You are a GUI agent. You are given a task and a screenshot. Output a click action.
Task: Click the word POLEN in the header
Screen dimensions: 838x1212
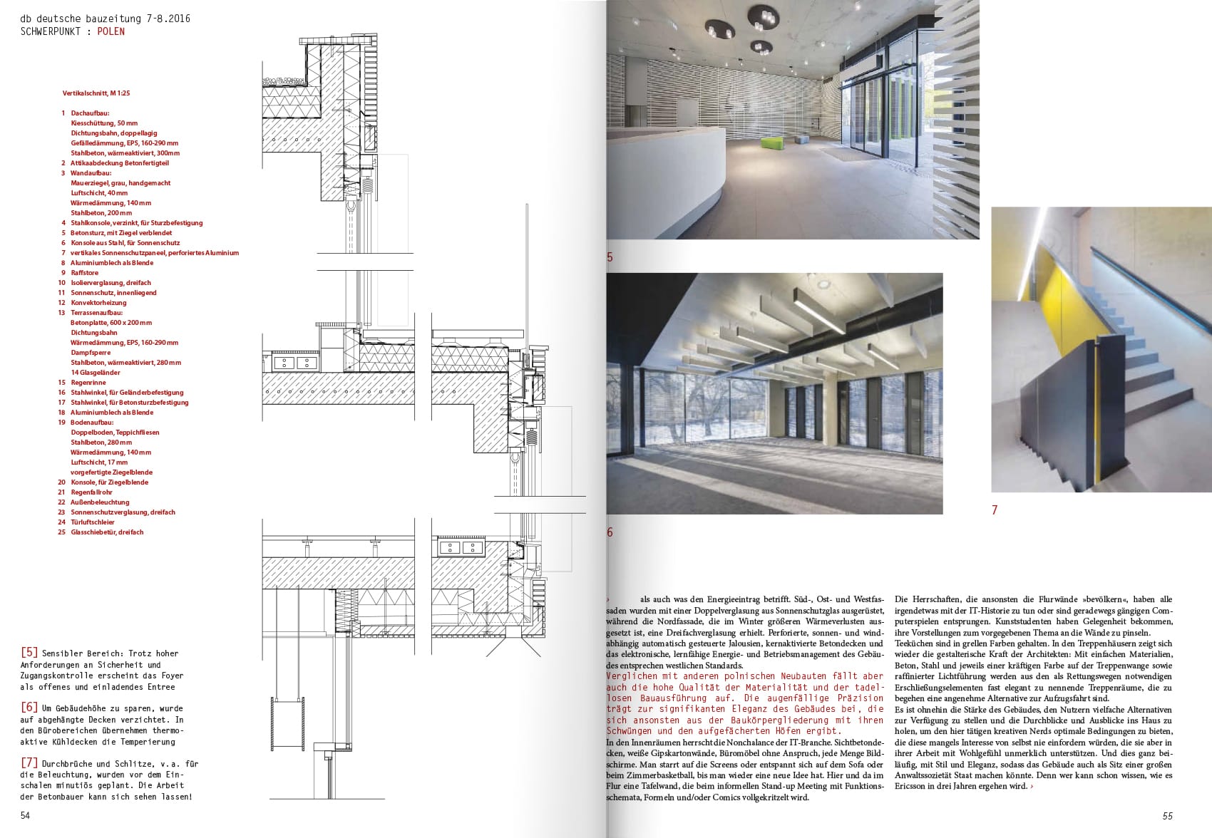coord(111,31)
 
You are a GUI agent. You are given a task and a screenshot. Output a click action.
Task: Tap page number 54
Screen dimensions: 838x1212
coord(25,816)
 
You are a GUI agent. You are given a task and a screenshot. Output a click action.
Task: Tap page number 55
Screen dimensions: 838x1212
coord(1167,816)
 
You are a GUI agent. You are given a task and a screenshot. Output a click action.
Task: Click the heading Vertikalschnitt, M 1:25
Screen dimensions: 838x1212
coord(96,93)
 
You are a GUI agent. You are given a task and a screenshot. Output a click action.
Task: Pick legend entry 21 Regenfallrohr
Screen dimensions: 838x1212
coord(89,492)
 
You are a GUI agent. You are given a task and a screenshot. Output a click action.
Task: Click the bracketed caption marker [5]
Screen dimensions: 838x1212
coord(29,653)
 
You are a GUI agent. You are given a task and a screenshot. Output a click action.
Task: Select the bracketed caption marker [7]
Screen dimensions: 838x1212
coord(29,764)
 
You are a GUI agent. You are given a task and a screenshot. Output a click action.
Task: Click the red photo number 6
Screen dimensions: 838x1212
coord(610,532)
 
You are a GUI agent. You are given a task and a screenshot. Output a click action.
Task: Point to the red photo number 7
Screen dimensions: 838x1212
coord(995,510)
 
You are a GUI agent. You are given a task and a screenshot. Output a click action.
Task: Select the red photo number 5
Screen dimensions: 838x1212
coord(610,257)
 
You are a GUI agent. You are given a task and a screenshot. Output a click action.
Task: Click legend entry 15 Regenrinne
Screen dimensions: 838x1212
coord(84,383)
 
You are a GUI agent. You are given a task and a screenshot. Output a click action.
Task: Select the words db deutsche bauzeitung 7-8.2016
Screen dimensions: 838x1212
coord(106,19)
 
